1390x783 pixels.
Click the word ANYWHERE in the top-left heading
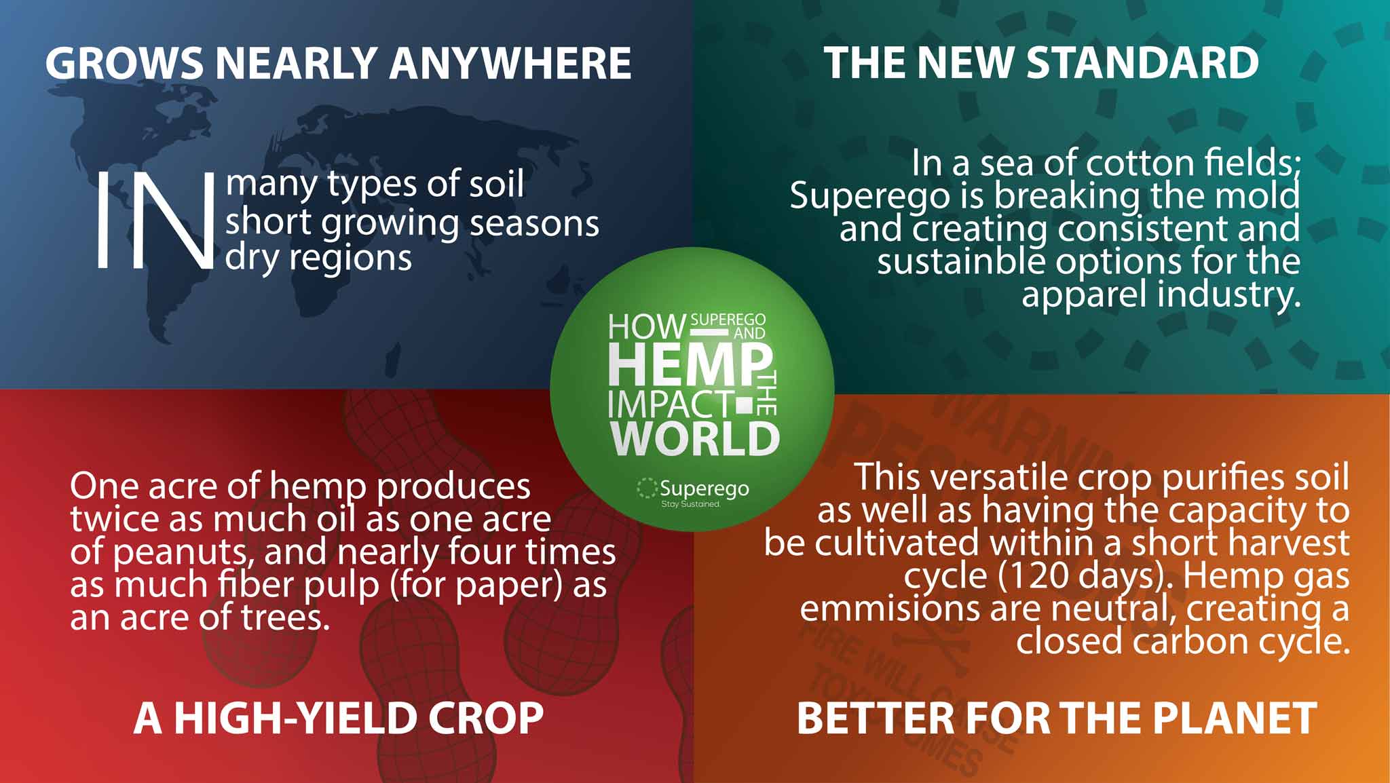point(510,63)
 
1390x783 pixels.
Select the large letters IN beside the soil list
point(155,221)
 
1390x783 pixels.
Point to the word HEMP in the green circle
point(690,365)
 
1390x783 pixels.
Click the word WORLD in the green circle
point(695,438)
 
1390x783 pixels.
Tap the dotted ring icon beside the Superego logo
point(647,488)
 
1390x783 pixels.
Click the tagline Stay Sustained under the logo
point(690,504)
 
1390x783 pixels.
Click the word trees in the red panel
point(284,617)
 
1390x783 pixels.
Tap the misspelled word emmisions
point(890,609)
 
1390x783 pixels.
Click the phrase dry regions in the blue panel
point(318,259)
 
